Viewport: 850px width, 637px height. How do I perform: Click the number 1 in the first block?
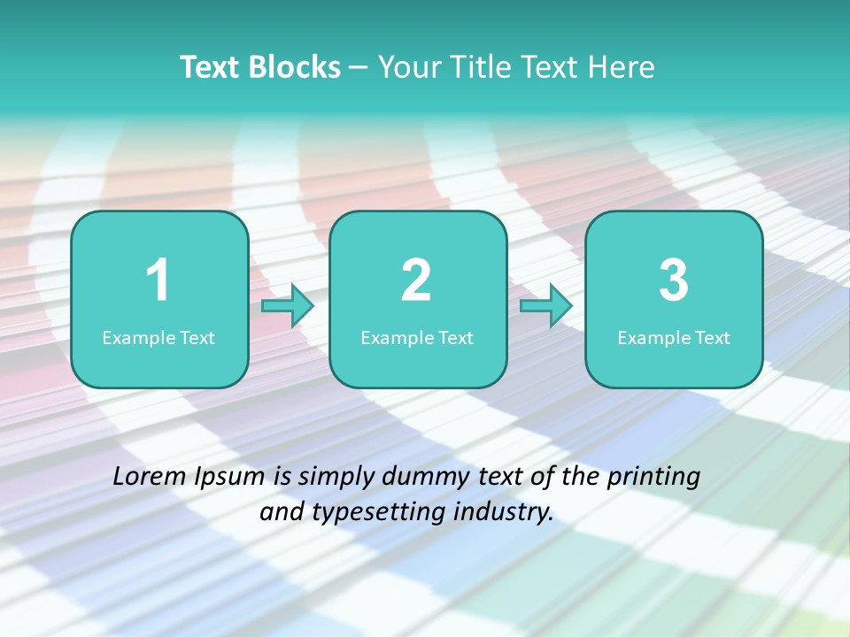158,280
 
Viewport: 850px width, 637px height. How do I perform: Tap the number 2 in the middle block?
417,280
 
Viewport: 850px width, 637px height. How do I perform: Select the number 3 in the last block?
674,280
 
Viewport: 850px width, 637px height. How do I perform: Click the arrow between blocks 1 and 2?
289,306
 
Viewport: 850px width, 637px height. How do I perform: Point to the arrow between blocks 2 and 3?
546,306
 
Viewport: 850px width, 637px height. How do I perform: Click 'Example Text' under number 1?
158,338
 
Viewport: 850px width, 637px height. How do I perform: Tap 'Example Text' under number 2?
417,338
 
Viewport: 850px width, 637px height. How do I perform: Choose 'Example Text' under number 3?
674,338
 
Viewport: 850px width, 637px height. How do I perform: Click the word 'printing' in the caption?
653,478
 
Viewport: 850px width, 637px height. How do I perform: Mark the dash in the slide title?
359,67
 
